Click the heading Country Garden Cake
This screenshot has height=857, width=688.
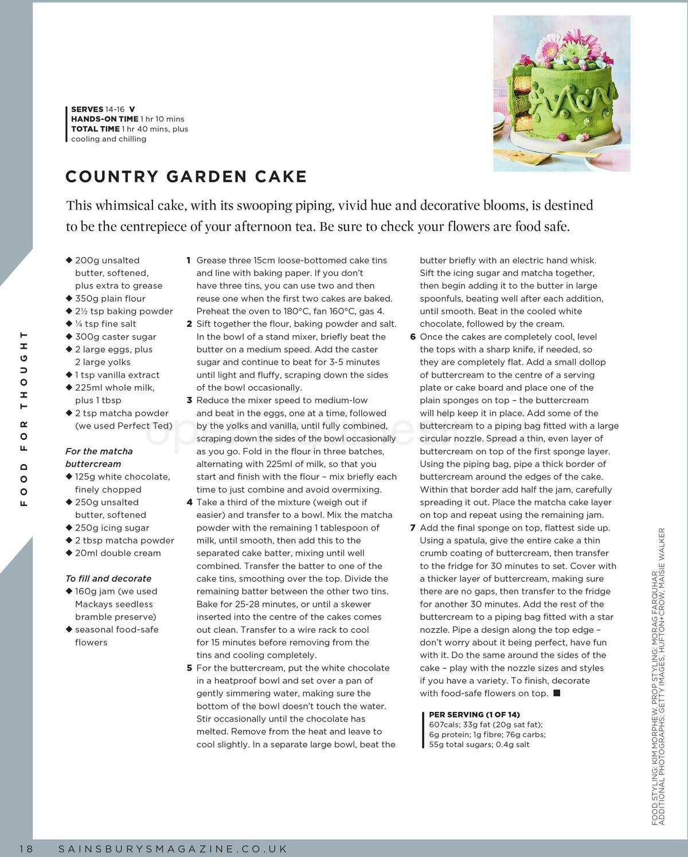tap(186, 176)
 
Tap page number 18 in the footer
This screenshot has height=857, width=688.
tap(27, 849)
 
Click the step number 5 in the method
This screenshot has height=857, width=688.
tap(189, 668)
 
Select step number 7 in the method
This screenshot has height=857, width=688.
tap(412, 528)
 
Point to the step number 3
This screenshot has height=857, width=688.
tap(189, 400)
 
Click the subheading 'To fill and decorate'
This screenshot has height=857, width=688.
tap(108, 578)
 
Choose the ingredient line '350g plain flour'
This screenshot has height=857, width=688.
tap(110, 298)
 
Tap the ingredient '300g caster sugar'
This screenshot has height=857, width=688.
tap(115, 337)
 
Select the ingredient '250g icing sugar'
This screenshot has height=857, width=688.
tap(112, 528)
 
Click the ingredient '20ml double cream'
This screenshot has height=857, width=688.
tap(118, 553)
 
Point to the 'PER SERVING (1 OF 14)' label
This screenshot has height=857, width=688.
tap(474, 714)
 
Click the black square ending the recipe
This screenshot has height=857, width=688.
tap(557, 693)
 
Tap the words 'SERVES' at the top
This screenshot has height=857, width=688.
tap(87, 109)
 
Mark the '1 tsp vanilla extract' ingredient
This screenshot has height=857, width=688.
tap(117, 375)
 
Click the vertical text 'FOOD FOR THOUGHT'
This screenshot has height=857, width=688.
tap(24, 418)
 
